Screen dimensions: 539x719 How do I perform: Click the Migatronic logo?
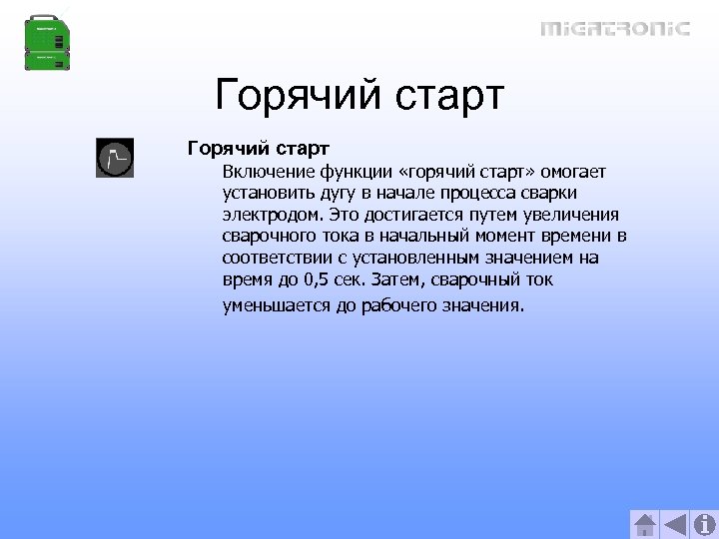(x=614, y=28)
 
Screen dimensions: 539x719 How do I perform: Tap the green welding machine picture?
(x=49, y=43)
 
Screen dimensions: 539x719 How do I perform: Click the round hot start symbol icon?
(x=114, y=159)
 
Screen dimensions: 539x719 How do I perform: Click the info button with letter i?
(x=704, y=524)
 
